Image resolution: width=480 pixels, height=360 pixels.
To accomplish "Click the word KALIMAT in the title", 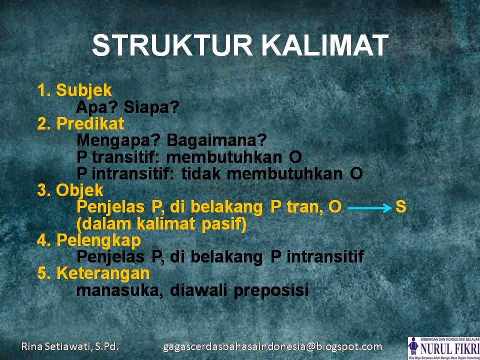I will click(325, 46).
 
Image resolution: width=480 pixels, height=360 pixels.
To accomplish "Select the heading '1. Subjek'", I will click(75, 90).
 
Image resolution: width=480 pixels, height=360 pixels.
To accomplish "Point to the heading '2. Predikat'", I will click(81, 123).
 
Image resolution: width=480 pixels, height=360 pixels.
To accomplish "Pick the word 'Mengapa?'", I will click(119, 140).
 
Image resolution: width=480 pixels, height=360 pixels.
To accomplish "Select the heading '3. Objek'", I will click(70, 190).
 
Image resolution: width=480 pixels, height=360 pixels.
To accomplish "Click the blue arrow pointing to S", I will click(369, 207).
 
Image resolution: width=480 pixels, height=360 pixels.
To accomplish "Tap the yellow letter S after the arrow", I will click(400, 206).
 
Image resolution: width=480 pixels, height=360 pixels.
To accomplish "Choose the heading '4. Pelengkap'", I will click(89, 240).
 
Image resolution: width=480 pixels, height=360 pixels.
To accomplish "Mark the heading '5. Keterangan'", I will click(93, 273).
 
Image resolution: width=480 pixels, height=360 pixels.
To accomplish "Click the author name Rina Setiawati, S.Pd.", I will click(70, 346).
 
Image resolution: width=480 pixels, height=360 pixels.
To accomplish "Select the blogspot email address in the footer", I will click(272, 346).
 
